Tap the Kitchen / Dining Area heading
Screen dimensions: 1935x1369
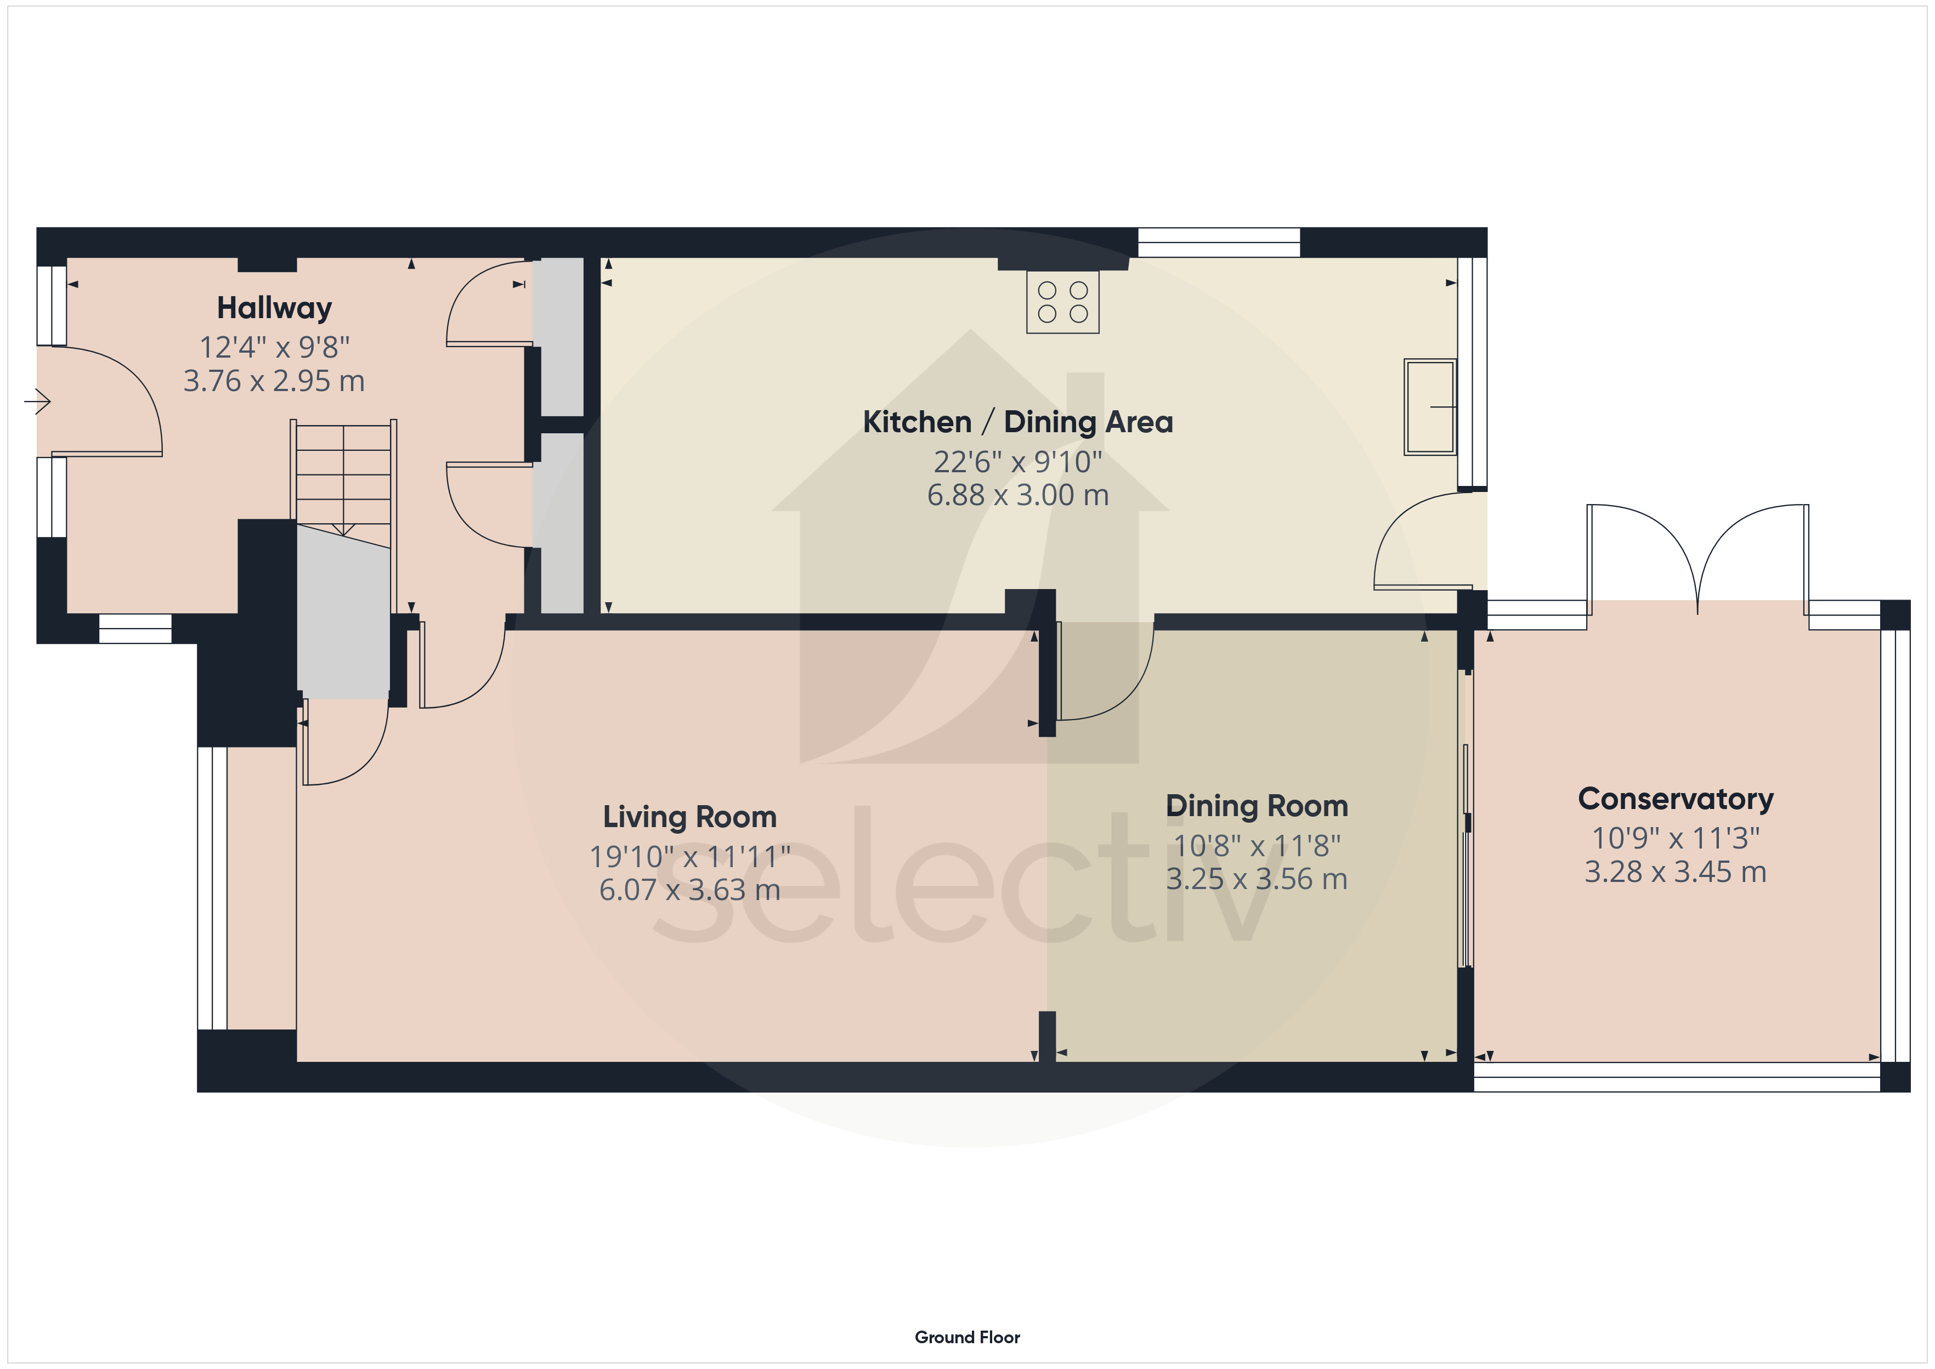click(1017, 421)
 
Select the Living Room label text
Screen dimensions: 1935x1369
click(689, 817)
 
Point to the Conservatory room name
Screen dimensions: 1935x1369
click(1676, 798)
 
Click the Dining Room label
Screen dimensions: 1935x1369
click(1257, 806)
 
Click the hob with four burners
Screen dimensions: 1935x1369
click(1063, 302)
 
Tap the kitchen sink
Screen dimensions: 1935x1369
click(1430, 407)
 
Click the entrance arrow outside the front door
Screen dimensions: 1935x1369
click(37, 401)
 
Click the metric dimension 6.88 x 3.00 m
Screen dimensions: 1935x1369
click(1017, 495)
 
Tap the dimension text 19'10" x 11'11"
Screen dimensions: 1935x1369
click(689, 857)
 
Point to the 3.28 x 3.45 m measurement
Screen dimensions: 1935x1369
click(1676, 872)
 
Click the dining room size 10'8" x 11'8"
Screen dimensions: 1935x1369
click(1257, 845)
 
